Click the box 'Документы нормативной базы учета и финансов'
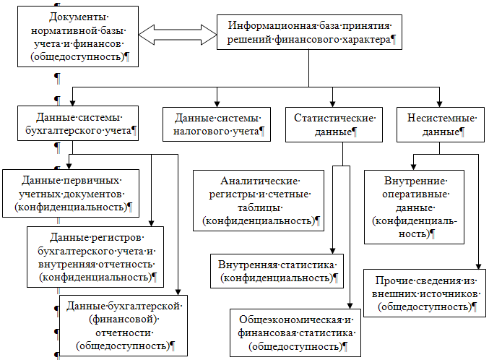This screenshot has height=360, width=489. (x=79, y=37)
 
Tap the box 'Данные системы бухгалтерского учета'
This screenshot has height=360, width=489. (x=79, y=124)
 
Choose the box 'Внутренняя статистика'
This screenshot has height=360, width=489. (x=277, y=270)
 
